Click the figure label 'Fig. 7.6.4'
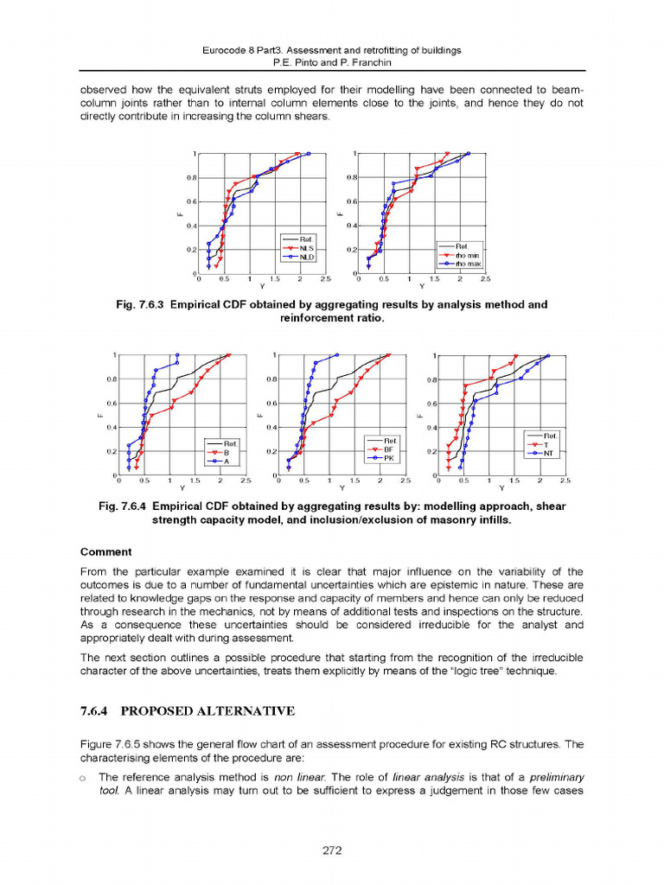click(130, 506)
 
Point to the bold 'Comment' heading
click(105, 551)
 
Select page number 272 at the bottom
click(332, 850)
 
